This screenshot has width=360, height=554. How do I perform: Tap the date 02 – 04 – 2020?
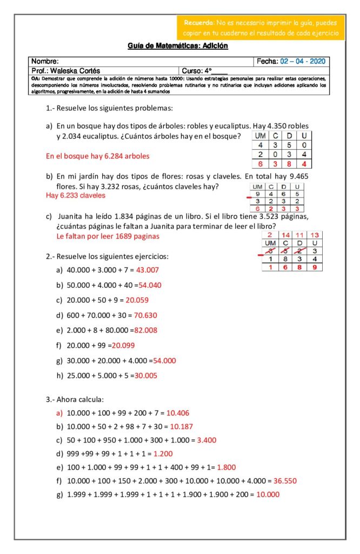click(303, 61)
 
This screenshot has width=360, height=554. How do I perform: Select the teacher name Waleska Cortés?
click(74, 71)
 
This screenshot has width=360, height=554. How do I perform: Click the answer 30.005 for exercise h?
click(146, 375)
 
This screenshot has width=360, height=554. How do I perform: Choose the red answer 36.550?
click(285, 480)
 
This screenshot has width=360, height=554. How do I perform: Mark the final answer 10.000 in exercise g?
click(268, 494)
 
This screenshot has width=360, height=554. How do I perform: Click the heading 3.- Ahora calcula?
click(74, 399)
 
